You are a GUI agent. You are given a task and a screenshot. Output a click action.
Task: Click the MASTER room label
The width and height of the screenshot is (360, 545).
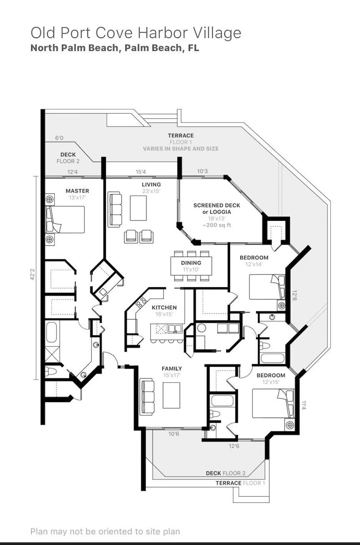[77, 191]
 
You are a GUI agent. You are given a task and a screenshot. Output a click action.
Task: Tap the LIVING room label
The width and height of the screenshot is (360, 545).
[151, 185]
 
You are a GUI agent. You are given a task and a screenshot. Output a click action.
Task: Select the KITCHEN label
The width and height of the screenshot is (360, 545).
[164, 307]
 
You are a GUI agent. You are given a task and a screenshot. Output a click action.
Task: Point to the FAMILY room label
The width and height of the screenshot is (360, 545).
[172, 369]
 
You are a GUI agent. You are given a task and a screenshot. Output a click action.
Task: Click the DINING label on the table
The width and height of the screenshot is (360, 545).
[191, 263]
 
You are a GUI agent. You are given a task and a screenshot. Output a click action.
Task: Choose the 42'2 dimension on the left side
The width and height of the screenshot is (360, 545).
[32, 274]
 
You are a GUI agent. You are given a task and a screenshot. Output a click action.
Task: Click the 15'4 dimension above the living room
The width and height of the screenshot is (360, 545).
[140, 172]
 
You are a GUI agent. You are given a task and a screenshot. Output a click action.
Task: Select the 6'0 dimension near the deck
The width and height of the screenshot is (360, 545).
[59, 138]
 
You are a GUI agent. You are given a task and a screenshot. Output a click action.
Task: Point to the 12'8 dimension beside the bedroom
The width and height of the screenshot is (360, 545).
[294, 295]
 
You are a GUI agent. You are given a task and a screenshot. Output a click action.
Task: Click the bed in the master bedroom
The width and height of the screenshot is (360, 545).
[65, 220]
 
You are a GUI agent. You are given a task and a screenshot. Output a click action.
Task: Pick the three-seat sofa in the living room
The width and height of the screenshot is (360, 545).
[115, 210]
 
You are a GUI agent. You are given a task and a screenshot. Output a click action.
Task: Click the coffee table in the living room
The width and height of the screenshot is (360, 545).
[138, 208]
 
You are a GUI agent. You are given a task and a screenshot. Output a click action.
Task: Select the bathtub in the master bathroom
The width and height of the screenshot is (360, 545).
[51, 332]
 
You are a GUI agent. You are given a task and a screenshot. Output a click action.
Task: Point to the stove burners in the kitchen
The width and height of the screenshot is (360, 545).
[140, 302]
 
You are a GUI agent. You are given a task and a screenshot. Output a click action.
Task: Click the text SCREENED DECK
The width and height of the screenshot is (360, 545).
[217, 205]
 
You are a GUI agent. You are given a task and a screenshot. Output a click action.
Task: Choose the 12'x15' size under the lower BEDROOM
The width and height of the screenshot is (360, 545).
[271, 382]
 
